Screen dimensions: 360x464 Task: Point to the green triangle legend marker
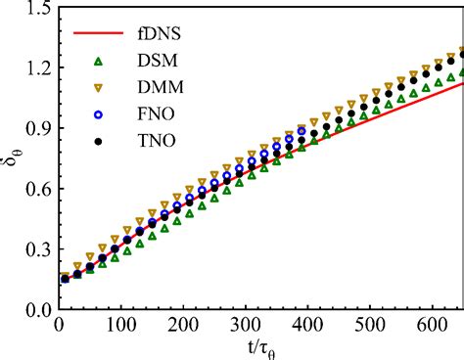(x=97, y=61)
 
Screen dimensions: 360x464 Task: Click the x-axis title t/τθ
(x=258, y=347)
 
